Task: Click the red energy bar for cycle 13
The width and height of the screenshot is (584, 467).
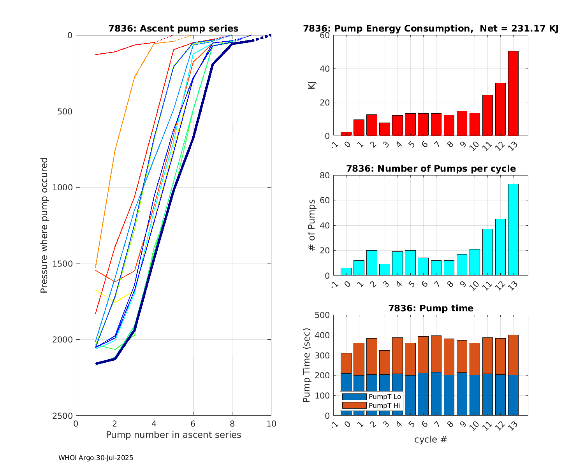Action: coord(513,93)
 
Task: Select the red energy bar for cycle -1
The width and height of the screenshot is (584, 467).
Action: coord(346,134)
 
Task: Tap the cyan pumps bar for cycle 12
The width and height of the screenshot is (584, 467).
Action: coord(500,247)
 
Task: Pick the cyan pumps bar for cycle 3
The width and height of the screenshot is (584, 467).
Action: coord(384,270)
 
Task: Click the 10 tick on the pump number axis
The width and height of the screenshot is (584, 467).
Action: coord(271,424)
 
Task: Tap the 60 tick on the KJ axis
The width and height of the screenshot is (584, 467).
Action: coord(325,35)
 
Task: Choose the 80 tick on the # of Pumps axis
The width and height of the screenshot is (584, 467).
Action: coord(325,176)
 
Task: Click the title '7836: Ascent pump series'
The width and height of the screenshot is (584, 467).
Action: coord(173,28)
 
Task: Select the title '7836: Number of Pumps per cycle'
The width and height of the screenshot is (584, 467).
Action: coord(431,169)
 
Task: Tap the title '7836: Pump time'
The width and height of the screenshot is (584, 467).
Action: coord(431,308)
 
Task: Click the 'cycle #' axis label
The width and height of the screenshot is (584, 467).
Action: coord(431,440)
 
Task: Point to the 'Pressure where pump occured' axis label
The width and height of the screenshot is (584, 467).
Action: coord(44,225)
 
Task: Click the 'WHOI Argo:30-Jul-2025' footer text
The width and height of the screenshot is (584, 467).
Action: coord(96,458)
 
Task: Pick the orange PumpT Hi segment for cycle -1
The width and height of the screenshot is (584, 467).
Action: coord(346,363)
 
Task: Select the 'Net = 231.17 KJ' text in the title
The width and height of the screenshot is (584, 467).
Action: coord(519,28)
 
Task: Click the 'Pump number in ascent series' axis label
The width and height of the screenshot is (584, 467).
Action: coord(173,435)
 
